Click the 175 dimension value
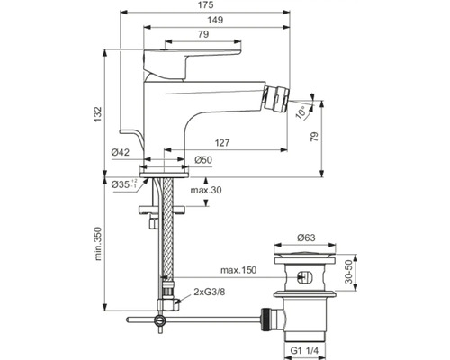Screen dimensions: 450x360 [206, 5]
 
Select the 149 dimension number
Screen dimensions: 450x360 [215, 20]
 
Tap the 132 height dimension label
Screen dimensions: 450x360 [98, 114]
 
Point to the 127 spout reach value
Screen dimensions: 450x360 [222, 143]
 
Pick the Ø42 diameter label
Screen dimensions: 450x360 [121, 152]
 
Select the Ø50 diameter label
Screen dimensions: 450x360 [203, 160]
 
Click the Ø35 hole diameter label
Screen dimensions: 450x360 [124, 184]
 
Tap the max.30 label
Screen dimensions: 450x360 [206, 190]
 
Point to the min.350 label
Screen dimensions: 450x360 [98, 244]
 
